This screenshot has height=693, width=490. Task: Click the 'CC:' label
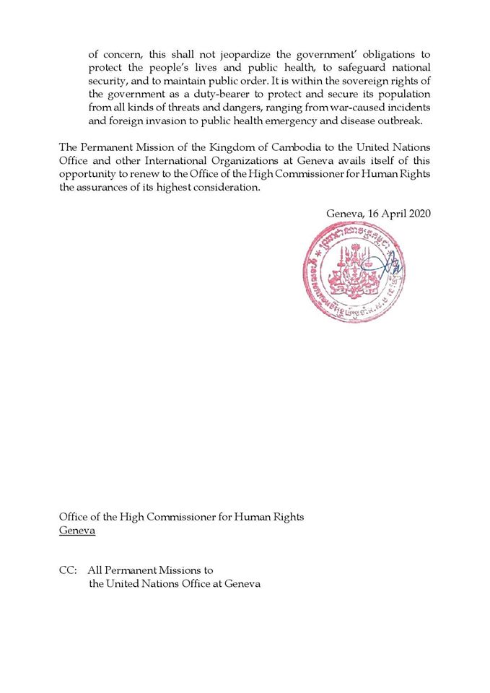pyautogui.click(x=69, y=570)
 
